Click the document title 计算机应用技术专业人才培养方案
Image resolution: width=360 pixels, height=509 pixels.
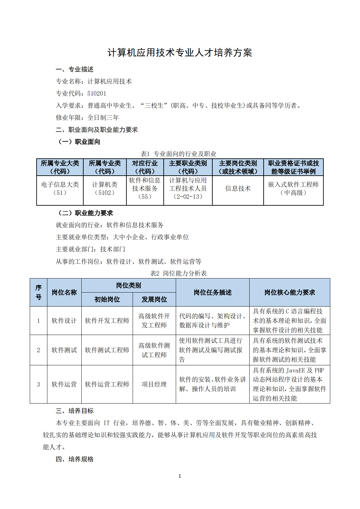pos(180,53)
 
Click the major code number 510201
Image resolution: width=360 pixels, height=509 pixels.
pos(97,93)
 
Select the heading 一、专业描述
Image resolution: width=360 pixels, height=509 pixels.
pos(74,69)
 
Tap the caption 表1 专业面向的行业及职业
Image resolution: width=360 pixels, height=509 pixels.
pos(178,154)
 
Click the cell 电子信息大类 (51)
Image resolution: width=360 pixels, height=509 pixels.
pos(60,188)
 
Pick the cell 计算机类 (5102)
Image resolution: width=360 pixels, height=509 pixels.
pos(105,188)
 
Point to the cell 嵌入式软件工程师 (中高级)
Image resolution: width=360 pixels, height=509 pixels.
pos(293,188)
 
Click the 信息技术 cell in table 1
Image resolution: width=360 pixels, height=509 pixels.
pos(237,188)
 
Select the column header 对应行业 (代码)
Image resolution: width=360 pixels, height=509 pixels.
pos(145,167)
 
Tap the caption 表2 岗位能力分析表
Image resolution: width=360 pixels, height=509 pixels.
pos(178,273)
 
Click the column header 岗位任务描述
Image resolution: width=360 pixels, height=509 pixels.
pos(212,292)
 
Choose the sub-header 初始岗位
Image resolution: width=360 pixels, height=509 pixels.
pos(107,299)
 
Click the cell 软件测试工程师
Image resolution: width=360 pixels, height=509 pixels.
pos(107,350)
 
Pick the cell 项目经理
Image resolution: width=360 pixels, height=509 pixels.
pos(154,384)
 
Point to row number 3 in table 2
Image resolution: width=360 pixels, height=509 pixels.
pos(39,384)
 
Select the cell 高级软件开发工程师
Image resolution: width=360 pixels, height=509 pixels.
pos(154,321)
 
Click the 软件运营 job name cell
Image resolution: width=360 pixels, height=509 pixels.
pos(64,384)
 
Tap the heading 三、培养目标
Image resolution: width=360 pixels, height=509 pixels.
pos(74,411)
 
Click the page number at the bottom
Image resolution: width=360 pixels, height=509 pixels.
pos(180,476)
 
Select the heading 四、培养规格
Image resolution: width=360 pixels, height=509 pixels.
pos(74,459)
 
